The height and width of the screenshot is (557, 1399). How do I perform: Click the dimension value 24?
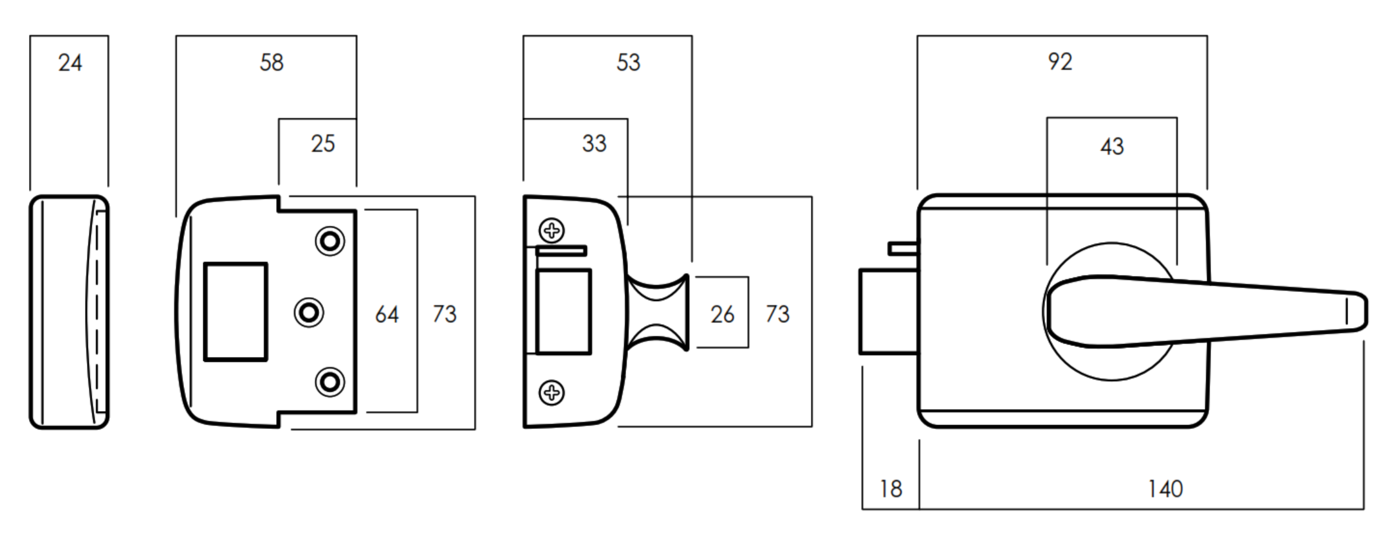pos(70,63)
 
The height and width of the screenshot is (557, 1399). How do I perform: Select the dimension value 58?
pos(272,63)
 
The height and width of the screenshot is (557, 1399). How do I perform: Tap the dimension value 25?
pos(323,143)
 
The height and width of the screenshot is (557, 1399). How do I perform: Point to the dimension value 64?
pos(387,315)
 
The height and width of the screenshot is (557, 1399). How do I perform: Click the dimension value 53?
pos(628,63)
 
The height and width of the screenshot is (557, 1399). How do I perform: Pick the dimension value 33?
pos(594,143)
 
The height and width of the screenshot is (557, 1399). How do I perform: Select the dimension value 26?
pos(722,315)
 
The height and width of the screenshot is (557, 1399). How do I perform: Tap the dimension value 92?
pos(1060,62)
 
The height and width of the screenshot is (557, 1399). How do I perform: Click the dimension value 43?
pos(1111,147)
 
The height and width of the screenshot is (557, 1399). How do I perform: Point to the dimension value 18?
pos(891,489)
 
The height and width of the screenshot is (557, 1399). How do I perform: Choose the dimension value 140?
pos(1165,489)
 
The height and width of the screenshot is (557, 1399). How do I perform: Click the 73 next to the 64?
pos(444,315)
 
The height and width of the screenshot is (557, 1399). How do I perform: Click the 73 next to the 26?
pos(777,315)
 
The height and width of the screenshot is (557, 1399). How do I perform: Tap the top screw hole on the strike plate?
pos(330,242)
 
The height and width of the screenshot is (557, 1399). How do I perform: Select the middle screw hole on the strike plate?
pos(309,313)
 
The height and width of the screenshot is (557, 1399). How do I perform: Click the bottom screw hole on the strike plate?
pos(330,382)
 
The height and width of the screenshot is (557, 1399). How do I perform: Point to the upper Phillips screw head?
pos(551,230)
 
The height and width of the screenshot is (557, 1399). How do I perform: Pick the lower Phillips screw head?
pos(551,392)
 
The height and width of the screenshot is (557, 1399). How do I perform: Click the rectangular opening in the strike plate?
pos(236,312)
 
